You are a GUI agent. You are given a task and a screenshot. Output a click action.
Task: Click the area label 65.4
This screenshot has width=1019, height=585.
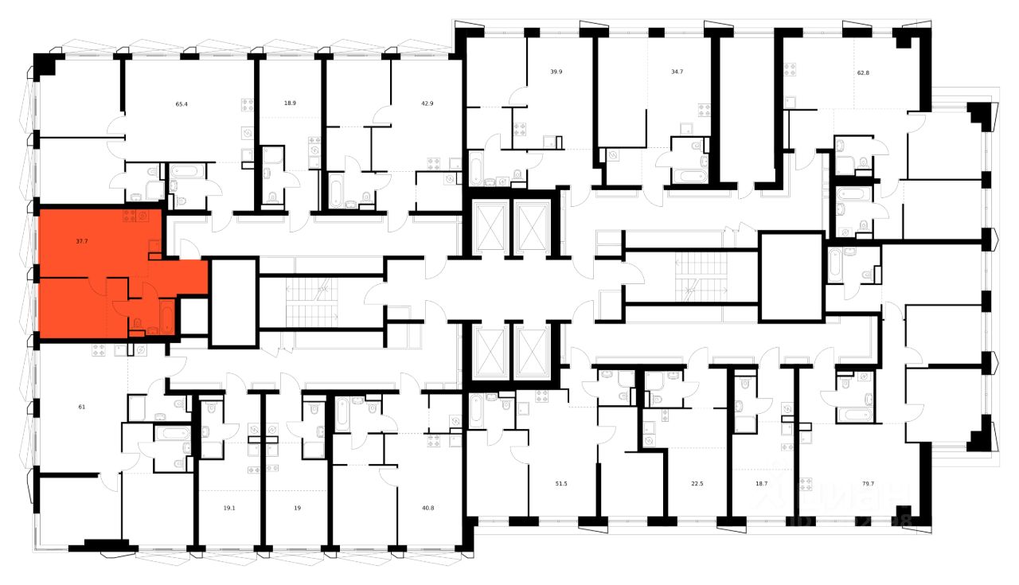tap(182, 103)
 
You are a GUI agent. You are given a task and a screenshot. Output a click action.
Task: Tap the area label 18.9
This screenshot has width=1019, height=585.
tap(291, 103)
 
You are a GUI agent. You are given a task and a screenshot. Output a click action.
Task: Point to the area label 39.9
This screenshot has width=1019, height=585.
tap(556, 72)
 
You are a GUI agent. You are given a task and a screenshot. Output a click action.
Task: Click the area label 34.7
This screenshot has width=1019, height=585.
tap(677, 72)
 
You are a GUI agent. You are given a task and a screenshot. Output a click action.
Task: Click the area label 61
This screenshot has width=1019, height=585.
tap(82, 408)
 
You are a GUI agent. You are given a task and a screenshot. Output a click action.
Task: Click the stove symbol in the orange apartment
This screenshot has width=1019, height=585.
tap(128, 216)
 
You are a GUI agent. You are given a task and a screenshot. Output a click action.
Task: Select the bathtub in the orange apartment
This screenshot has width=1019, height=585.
tap(167, 317)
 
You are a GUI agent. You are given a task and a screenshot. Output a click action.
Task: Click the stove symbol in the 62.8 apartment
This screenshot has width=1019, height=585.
tap(791, 70)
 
